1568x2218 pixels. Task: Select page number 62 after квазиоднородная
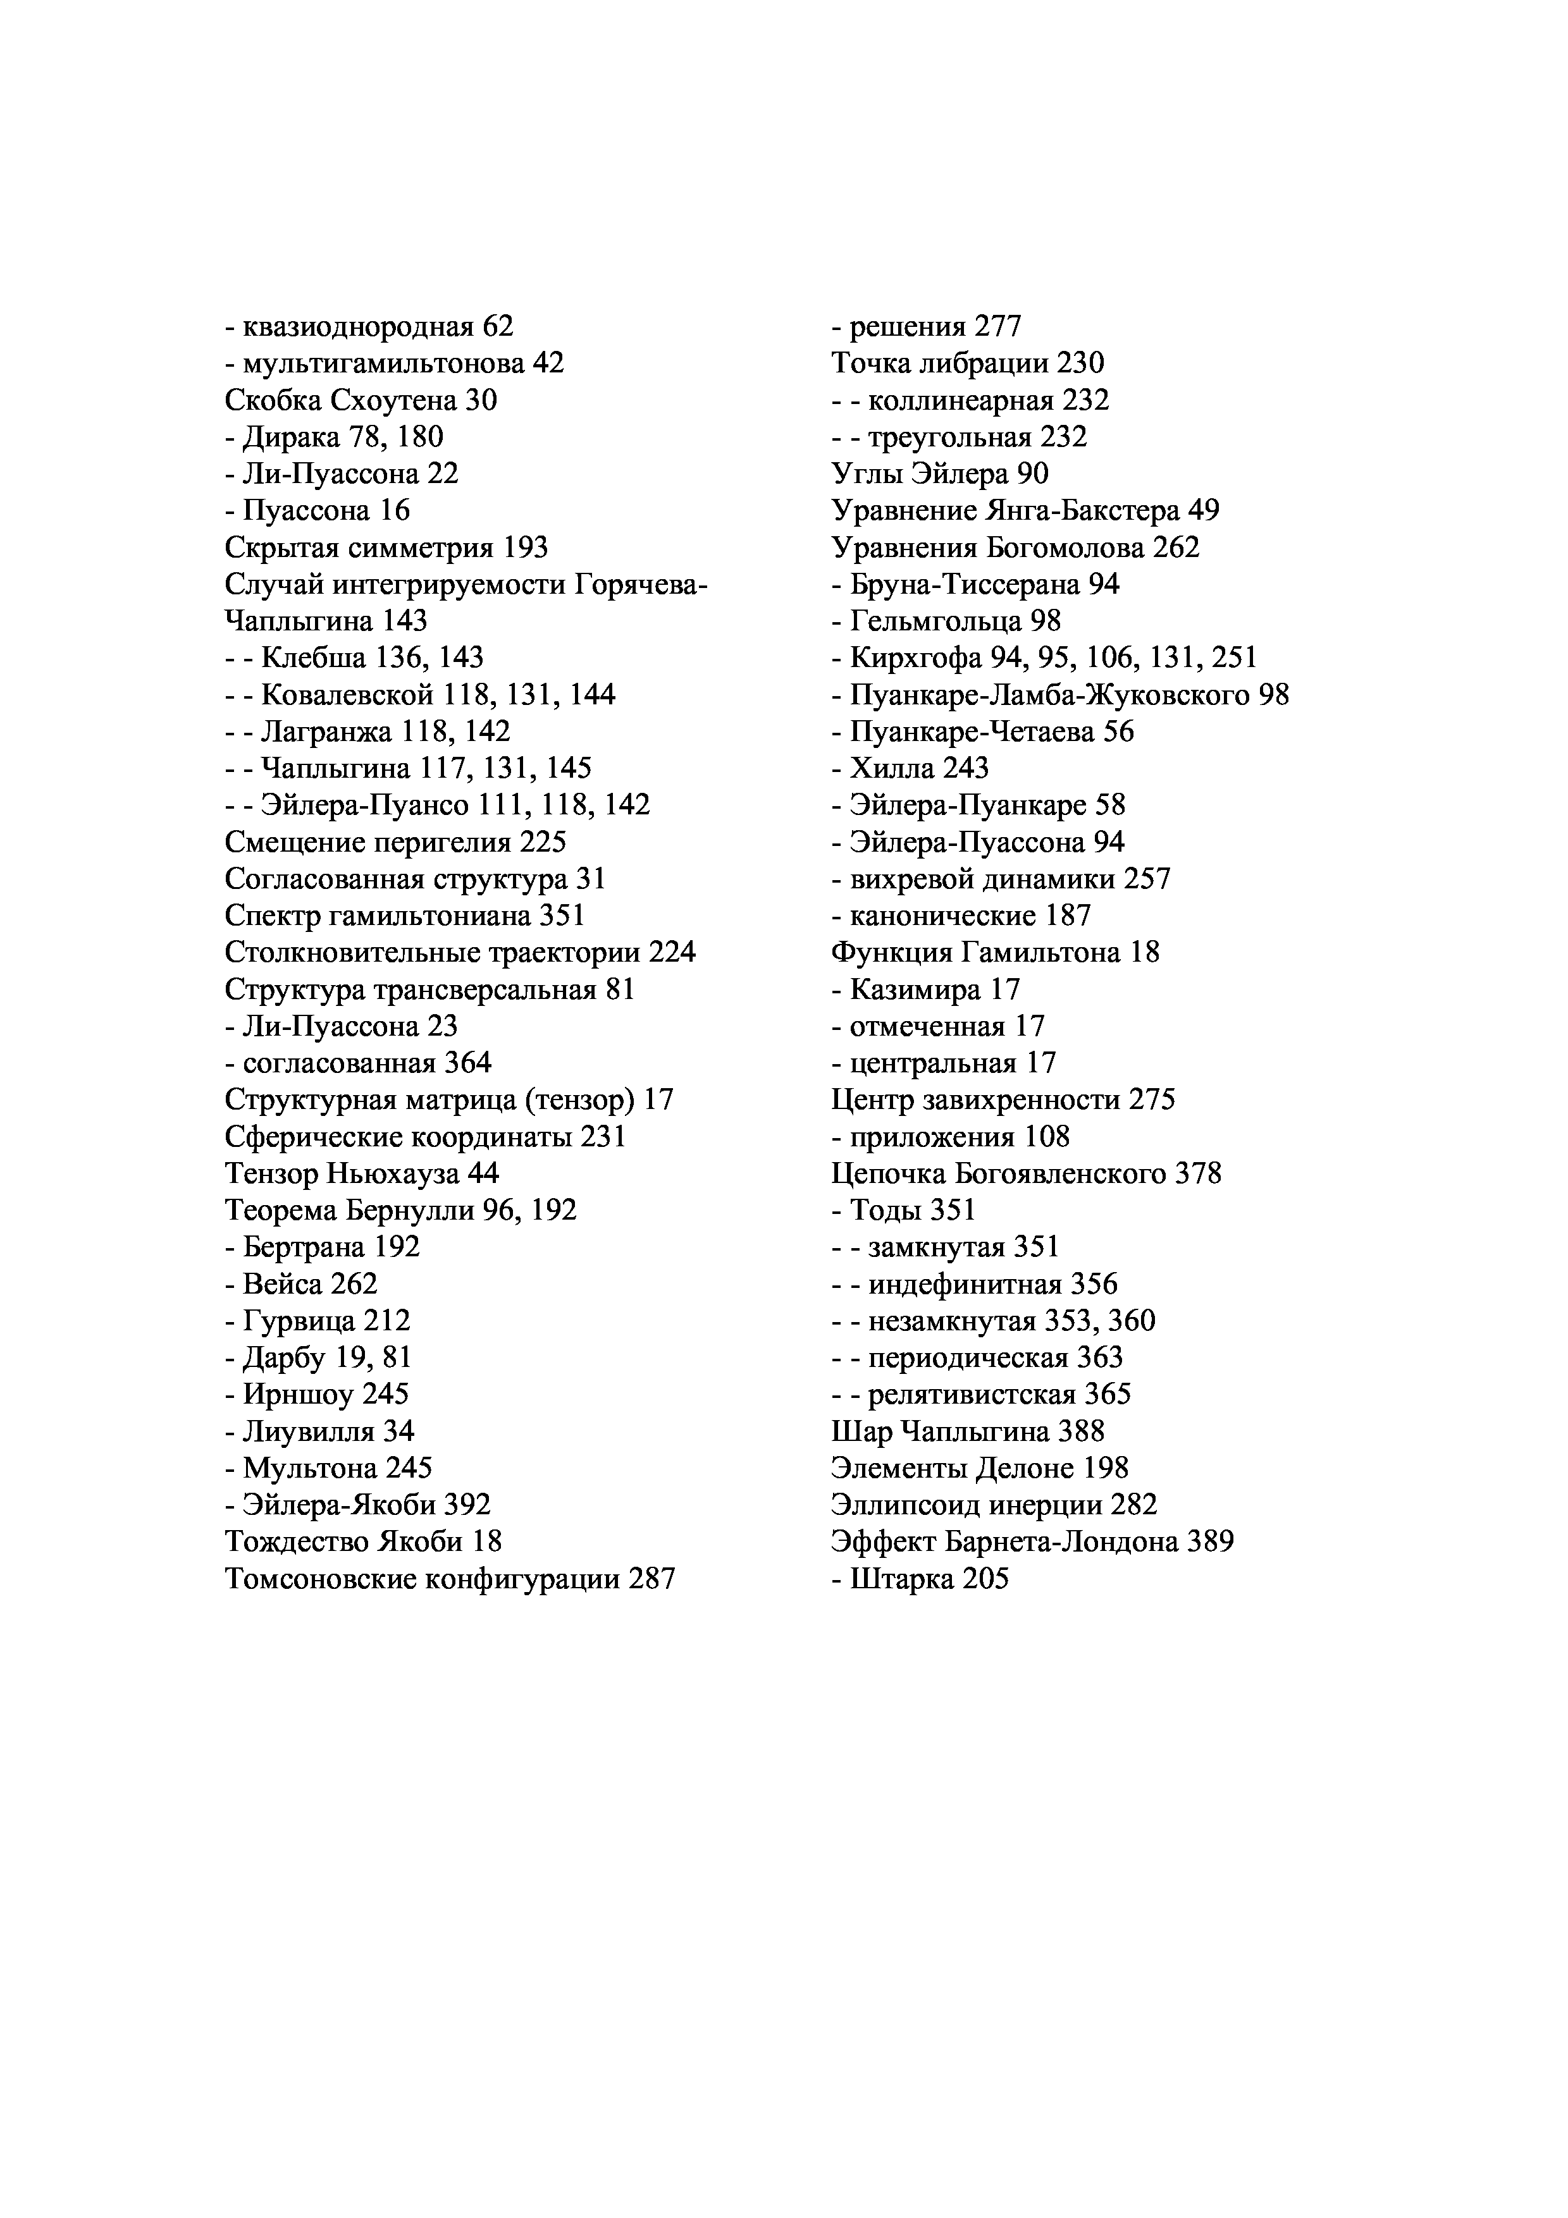pyautogui.click(x=498, y=326)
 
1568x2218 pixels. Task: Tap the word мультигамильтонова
pyautogui.click(x=383, y=363)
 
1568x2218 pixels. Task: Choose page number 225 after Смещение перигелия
pyautogui.click(x=542, y=842)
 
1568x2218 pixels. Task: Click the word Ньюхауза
pyautogui.click(x=393, y=1173)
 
